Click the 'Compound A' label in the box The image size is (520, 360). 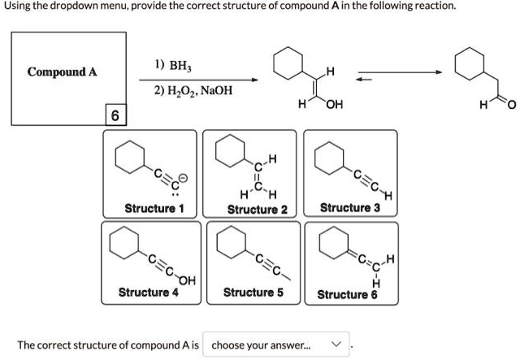tap(62, 72)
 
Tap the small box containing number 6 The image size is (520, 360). tap(115, 117)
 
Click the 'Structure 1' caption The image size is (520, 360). tap(154, 209)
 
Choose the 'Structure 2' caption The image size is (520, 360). tap(257, 210)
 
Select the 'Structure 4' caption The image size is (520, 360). tap(148, 292)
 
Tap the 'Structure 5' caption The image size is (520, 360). tap(253, 292)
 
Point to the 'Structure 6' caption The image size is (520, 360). tap(347, 294)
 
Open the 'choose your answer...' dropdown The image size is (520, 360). tap(277, 345)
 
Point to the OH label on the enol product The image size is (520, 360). tap(333, 104)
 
